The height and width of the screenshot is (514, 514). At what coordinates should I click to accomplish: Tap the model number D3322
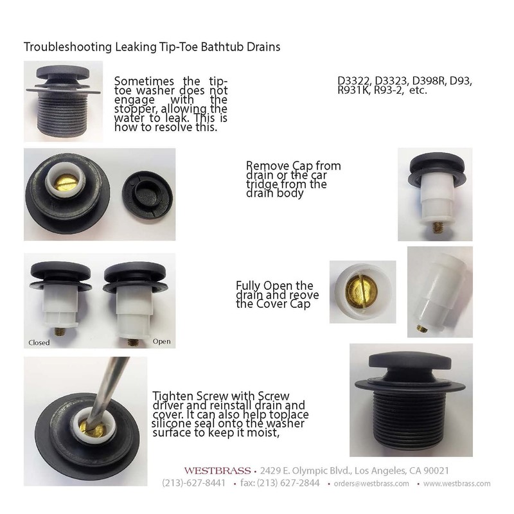tap(354, 82)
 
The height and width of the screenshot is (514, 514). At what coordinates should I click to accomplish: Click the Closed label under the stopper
tap(39, 342)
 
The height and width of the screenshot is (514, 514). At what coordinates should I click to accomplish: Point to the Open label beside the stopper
tap(162, 341)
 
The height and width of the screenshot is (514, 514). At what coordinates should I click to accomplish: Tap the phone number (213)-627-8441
tap(193, 483)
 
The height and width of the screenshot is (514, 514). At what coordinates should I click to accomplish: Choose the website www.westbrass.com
tap(457, 484)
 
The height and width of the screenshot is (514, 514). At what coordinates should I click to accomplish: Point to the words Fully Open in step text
tap(265, 285)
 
